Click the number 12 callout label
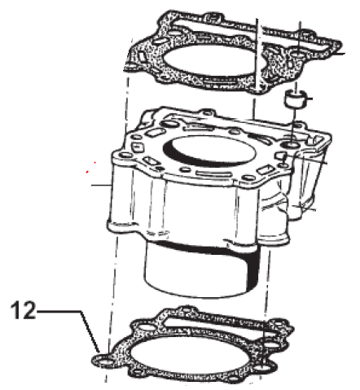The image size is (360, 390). coord(23,310)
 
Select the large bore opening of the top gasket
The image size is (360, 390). coord(210,61)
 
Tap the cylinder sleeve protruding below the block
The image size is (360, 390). coord(202,269)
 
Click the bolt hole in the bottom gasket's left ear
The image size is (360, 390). coord(105,363)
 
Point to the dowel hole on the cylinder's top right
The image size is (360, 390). coord(291,145)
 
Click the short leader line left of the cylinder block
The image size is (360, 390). coord(101,185)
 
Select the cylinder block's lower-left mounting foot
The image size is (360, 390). coord(122,226)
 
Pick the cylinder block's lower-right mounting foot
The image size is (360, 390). coord(273,238)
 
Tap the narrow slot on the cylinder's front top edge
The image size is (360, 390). coord(213,173)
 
